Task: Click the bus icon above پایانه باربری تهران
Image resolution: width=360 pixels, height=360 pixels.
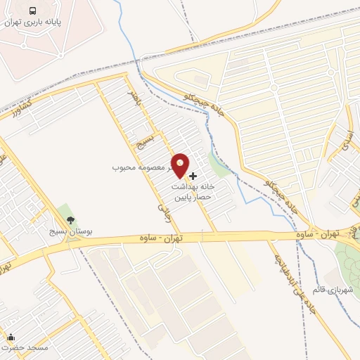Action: [34, 11]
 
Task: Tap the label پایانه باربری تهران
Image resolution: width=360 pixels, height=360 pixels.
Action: [42, 22]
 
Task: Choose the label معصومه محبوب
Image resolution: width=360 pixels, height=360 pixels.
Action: [141, 169]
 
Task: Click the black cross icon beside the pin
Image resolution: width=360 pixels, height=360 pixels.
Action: [193, 175]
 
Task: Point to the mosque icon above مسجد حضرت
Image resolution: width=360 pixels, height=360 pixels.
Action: [11, 337]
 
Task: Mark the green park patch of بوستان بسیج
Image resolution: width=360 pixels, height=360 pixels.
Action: [65, 211]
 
